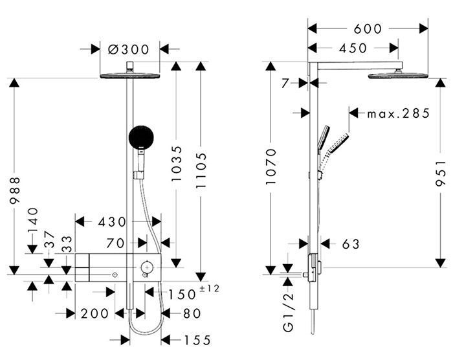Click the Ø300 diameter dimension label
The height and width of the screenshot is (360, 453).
[128, 49]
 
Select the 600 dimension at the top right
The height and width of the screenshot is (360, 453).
[368, 28]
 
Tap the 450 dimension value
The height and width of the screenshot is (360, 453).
[353, 48]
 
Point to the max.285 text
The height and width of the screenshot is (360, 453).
[399, 113]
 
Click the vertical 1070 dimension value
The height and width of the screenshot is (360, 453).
[271, 166]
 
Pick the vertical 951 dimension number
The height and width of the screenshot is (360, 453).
[441, 174]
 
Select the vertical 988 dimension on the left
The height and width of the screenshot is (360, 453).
[15, 190]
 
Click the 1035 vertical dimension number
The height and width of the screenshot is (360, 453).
[177, 164]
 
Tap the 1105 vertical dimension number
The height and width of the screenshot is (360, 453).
[201, 171]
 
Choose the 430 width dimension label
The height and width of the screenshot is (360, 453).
[112, 222]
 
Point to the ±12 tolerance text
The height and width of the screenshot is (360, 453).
[210, 288]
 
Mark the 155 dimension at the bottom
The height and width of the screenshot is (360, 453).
[197, 340]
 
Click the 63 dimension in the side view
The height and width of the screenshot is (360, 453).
[351, 244]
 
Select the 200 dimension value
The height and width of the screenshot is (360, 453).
[94, 313]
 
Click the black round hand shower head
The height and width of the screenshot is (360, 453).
[141, 137]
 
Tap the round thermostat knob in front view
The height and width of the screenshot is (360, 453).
[147, 267]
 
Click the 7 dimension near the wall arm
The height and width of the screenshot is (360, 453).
[285, 84]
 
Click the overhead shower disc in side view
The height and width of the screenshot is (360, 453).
[398, 76]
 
